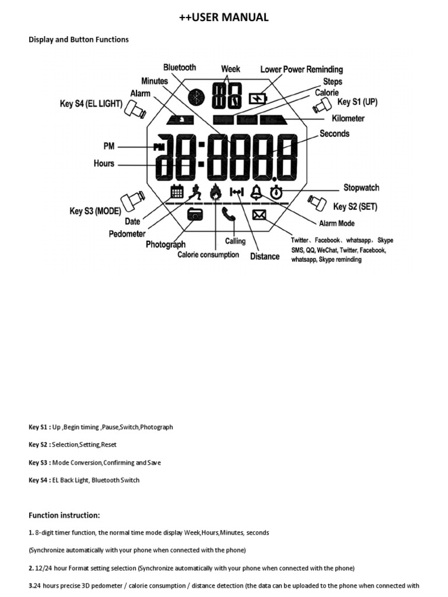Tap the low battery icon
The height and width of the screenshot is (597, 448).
coord(257,99)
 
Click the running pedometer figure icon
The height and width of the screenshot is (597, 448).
coord(197,191)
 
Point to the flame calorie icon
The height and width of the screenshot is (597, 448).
coord(216,191)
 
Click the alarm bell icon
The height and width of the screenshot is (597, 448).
coord(256,191)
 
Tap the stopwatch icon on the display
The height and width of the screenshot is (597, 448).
coord(276,191)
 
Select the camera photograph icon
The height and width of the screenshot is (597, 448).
coord(195,214)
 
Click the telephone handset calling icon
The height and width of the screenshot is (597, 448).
coord(228,214)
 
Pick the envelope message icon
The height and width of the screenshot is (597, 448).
coord(260,215)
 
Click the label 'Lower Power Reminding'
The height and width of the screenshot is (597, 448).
coord(302,69)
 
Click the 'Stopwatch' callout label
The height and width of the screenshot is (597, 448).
coord(361,188)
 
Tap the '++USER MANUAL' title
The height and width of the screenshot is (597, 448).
coord(224,17)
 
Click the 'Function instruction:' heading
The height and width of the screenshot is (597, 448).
coord(65,515)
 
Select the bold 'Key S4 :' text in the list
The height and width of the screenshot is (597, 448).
coord(40,480)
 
